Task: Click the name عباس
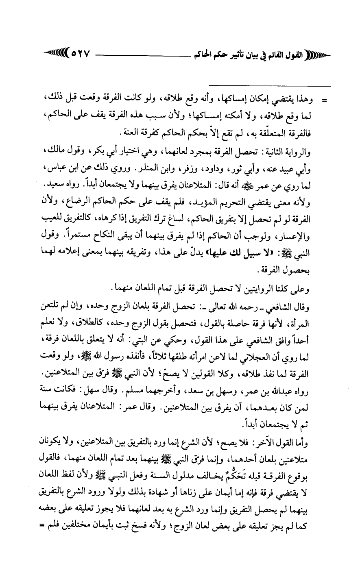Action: [x=53, y=166]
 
